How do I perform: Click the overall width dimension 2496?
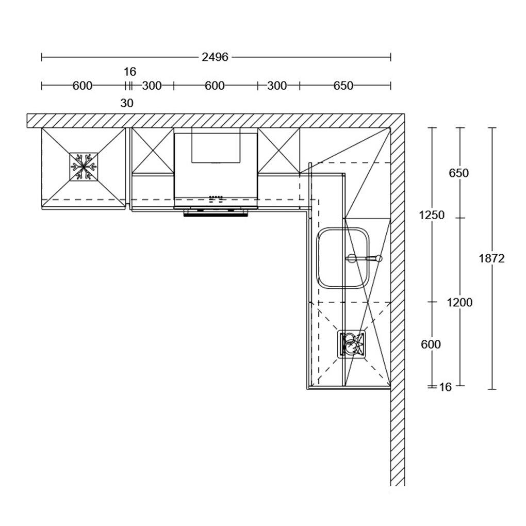[x=215, y=57]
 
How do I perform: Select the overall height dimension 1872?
[x=492, y=259]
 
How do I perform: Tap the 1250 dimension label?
[x=432, y=215]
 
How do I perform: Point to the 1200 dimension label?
[x=459, y=303]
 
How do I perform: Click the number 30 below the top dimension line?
[x=127, y=103]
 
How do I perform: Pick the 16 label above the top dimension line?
[x=130, y=72]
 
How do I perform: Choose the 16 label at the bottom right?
[x=446, y=387]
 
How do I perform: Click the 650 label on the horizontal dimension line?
[x=343, y=86]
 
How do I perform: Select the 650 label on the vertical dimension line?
[x=458, y=173]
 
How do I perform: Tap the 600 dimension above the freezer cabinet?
[x=82, y=86]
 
